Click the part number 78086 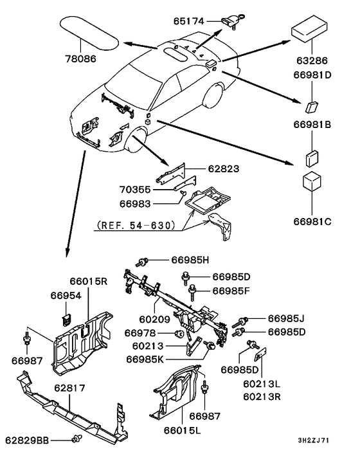[80, 59]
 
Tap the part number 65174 [189, 21]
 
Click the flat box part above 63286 [309, 28]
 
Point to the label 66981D [312, 75]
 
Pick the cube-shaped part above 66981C [312, 182]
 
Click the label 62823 [224, 168]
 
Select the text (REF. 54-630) [136, 225]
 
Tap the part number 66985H [190, 260]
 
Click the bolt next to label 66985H [142, 262]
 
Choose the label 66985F [231, 291]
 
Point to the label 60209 [154, 319]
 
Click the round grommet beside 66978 [180, 334]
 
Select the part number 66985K [145, 359]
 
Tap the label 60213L [262, 384]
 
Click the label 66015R [89, 281]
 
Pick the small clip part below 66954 [67, 320]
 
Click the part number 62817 [69, 388]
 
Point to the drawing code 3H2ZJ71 [314, 440]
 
